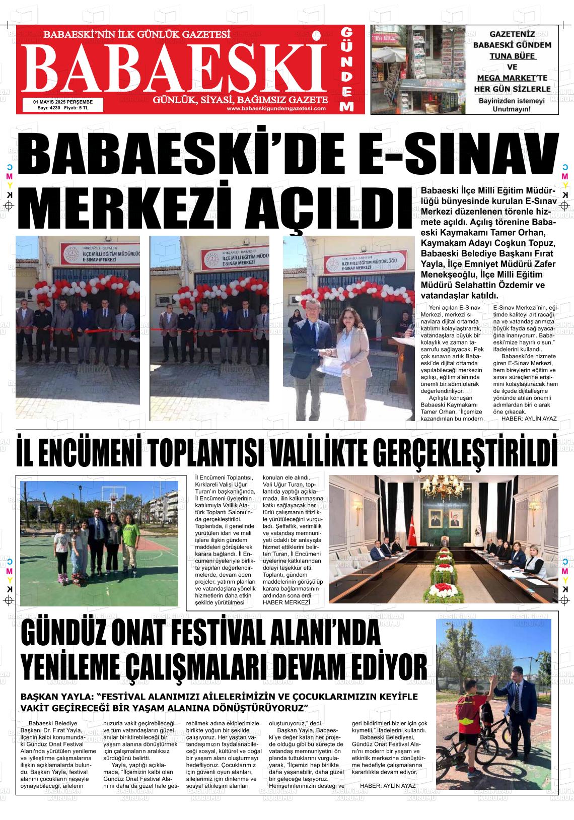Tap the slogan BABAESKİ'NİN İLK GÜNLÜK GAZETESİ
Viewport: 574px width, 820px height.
click(137, 35)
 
